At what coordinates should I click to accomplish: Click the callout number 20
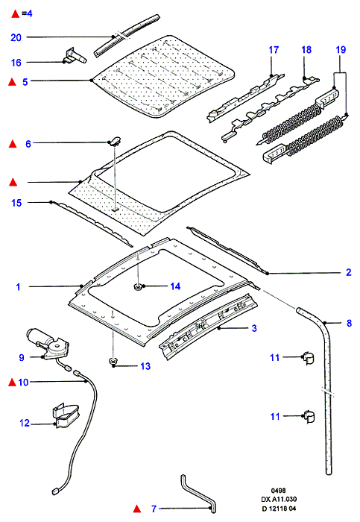(x=16, y=37)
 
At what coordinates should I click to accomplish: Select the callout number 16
(x=16, y=63)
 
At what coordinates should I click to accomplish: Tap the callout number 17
(x=274, y=50)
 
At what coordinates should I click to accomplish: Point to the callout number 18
(x=306, y=50)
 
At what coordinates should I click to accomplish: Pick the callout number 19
(x=341, y=50)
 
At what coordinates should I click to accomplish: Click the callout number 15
(x=16, y=203)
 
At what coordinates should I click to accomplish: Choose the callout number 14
(x=175, y=286)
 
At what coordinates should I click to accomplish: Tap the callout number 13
(x=145, y=366)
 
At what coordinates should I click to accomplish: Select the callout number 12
(x=25, y=423)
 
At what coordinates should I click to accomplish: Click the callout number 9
(x=22, y=357)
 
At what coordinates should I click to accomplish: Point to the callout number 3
(x=254, y=328)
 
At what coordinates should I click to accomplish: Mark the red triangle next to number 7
(x=136, y=509)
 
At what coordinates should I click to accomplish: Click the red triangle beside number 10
(x=12, y=383)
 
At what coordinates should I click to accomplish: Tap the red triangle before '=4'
(x=16, y=13)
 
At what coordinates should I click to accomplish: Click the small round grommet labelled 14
(x=137, y=286)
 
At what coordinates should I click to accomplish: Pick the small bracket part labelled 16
(x=75, y=56)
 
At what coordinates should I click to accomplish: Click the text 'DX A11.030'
(x=279, y=500)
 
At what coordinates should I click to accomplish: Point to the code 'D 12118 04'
(x=279, y=509)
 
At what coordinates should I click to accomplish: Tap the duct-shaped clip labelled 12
(x=66, y=415)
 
